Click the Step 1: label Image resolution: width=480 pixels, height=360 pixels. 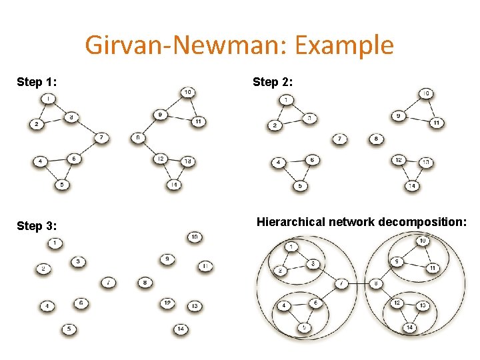(36, 82)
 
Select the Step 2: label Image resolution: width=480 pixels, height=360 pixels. (272, 82)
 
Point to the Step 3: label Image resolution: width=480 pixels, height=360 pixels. (36, 225)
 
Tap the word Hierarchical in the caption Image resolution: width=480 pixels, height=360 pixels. (291, 221)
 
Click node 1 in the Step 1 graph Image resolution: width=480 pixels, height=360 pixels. (47, 99)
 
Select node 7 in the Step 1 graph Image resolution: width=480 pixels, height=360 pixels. (101, 138)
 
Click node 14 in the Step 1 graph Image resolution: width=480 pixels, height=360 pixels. (174, 184)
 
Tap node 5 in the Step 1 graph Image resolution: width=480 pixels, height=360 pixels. (62, 185)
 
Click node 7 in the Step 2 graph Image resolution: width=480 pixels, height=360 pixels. (340, 139)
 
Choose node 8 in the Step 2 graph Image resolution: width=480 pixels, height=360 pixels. (376, 139)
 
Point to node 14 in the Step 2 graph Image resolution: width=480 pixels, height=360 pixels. (413, 186)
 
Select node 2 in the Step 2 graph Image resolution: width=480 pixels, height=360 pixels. (273, 125)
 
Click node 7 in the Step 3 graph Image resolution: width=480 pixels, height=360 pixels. (109, 282)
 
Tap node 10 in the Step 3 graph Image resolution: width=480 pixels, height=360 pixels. (195, 237)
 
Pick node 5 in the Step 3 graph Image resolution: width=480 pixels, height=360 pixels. (69, 329)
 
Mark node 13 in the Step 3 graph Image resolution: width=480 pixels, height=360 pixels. (195, 305)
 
